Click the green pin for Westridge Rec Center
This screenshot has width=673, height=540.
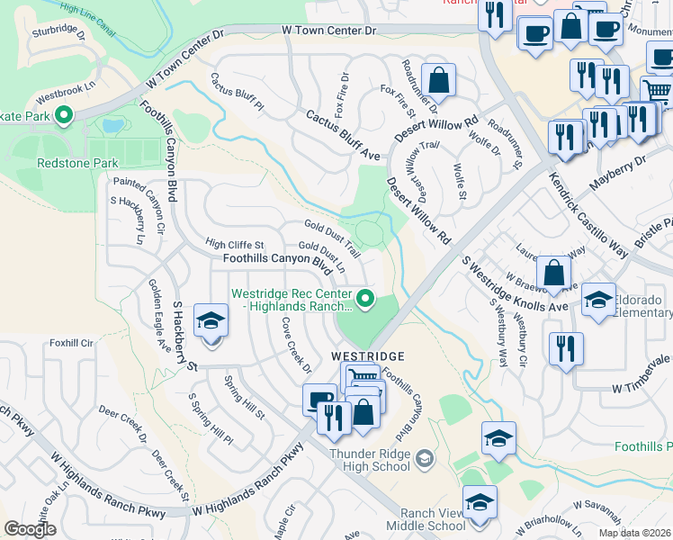[364, 298]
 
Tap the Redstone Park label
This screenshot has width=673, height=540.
[65, 164]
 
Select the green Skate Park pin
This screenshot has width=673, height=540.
[63, 115]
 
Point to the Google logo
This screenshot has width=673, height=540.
[30, 529]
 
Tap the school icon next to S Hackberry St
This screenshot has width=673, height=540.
[211, 321]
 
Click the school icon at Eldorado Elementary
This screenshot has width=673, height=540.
[598, 301]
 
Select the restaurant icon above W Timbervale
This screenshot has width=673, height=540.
[566, 347]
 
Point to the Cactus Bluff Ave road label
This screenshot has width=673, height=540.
[342, 135]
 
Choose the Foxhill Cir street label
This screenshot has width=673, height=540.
[72, 343]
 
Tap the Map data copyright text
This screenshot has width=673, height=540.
[634, 533]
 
